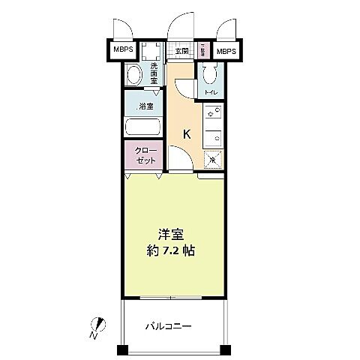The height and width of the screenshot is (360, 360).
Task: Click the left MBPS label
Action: click(123, 52)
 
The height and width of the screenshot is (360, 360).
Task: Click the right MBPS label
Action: click(226, 52)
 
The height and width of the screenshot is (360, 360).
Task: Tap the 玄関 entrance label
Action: click(182, 52)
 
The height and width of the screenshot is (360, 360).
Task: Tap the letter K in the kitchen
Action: click(187, 134)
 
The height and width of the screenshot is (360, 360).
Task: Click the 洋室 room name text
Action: click(170, 233)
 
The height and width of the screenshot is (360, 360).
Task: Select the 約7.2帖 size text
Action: click(170, 251)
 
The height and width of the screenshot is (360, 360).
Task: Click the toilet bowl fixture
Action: click(208, 74)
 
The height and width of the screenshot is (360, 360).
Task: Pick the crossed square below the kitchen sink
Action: click(212, 159)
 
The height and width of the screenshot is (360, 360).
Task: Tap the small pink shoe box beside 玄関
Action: click(203, 51)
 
